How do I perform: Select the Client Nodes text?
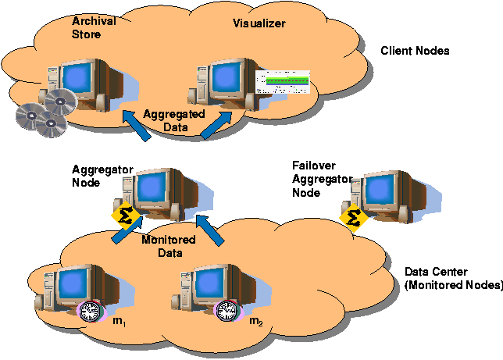(x=415, y=51)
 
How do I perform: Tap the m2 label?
(x=255, y=321)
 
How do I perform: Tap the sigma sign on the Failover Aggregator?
(x=355, y=216)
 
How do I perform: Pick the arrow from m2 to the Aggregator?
(x=210, y=233)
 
